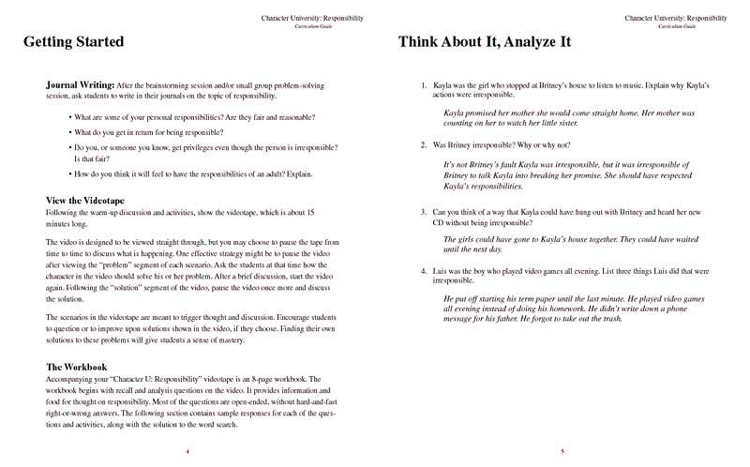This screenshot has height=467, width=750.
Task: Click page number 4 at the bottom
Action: (x=187, y=452)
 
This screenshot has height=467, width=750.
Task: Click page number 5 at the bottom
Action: (x=562, y=452)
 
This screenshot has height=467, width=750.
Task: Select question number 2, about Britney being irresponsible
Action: (x=424, y=145)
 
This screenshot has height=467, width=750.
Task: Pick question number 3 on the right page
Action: (x=424, y=211)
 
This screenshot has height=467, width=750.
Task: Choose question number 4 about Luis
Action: (x=424, y=270)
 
